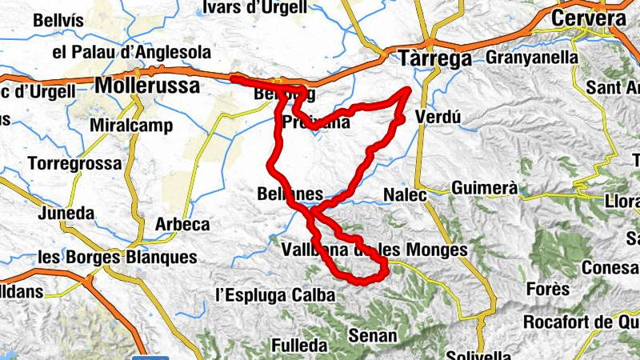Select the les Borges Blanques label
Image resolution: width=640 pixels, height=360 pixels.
coord(117,258)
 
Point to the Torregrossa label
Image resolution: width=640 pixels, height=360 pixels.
coord(75,163)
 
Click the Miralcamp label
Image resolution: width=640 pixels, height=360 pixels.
coord(130,126)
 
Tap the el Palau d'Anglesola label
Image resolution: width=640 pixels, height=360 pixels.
coord(131,53)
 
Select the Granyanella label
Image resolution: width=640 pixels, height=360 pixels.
coord(531,58)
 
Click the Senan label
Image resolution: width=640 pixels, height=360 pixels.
coord(374,336)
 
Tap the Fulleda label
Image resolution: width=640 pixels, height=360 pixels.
coord(299,346)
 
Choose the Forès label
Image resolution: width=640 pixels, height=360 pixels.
coord(549,289)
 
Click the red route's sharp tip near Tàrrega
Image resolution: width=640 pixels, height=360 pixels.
coord(410,89)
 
